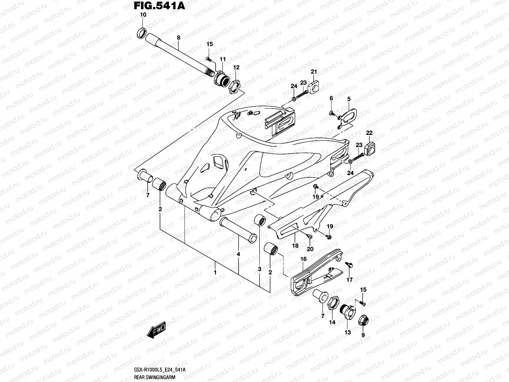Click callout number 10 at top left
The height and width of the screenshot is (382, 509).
pyautogui.click(x=143, y=15)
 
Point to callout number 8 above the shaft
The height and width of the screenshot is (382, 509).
pyautogui.click(x=178, y=38)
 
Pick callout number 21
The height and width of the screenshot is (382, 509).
pyautogui.click(x=314, y=72)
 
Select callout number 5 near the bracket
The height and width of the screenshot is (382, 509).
pyautogui.click(x=349, y=99)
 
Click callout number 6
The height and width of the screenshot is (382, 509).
pyautogui.click(x=331, y=98)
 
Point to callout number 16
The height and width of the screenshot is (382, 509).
pyautogui.click(x=303, y=259)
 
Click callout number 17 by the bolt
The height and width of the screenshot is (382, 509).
pyautogui.click(x=350, y=280)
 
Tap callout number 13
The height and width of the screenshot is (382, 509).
pyautogui.click(x=348, y=332)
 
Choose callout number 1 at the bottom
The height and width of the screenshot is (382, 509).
pyautogui.click(x=215, y=272)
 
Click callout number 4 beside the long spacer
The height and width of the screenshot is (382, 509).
pyautogui.click(x=238, y=254)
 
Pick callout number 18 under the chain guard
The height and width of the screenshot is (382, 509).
pyautogui.click(x=295, y=245)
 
